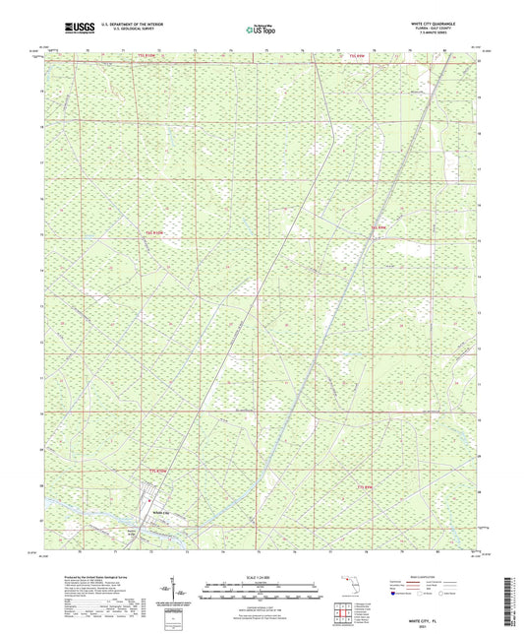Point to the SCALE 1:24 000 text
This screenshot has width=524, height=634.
262,577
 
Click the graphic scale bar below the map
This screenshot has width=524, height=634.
262,588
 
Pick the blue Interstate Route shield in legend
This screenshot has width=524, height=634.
397,594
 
